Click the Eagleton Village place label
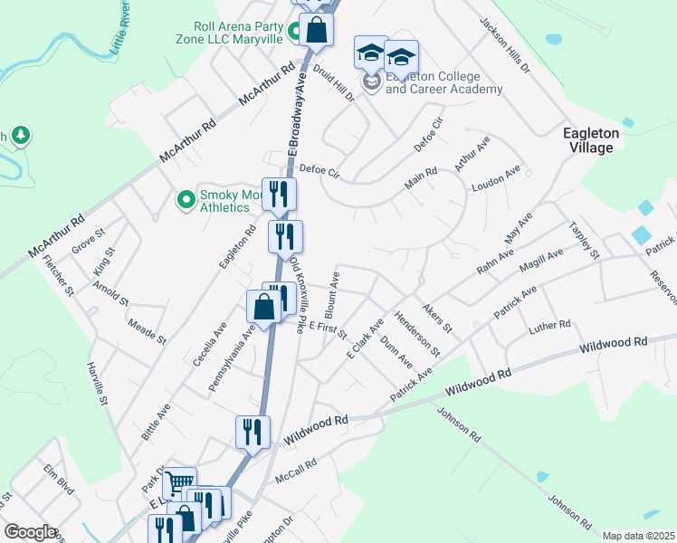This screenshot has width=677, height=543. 591,139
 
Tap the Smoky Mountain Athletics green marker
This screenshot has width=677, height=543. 186,198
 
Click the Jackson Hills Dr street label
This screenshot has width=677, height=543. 504,44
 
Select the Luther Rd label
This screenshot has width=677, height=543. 551,324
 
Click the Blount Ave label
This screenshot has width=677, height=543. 333,291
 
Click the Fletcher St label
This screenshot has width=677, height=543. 58,275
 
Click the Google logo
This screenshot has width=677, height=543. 30,532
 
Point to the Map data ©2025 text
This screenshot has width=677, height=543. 639,536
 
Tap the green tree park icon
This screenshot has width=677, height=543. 20,137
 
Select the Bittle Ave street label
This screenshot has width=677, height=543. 156,421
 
